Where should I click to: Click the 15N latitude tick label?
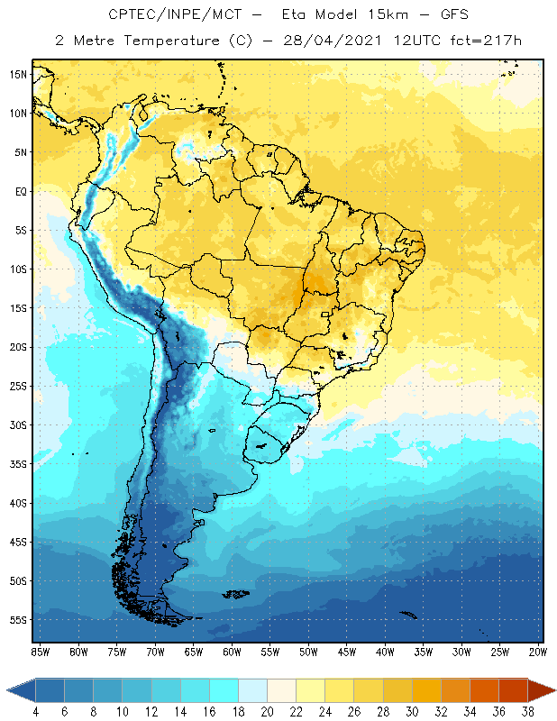[x=18, y=74]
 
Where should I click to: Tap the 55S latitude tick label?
[x=18, y=620]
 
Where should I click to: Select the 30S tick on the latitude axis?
[x=18, y=424]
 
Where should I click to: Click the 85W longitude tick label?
[x=41, y=651]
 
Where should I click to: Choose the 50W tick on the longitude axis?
[x=309, y=651]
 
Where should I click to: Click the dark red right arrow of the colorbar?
[x=541, y=689]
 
